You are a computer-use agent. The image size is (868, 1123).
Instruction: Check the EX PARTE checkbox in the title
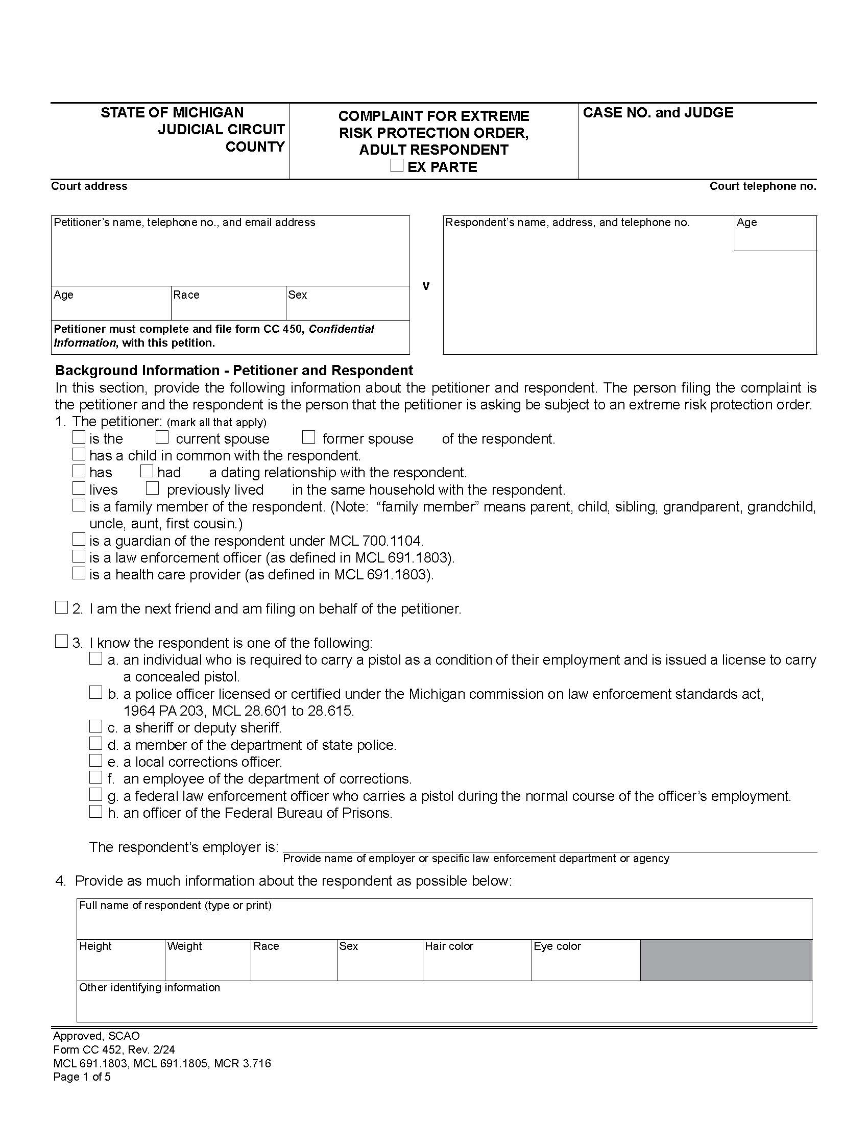pos(396,165)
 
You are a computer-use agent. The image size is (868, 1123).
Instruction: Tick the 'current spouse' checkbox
pos(162,437)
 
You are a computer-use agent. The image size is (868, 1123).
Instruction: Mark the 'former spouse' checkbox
pos(308,437)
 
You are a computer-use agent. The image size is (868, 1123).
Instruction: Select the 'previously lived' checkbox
pos(152,487)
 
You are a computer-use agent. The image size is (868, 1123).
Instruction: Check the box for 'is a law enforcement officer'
pos(79,556)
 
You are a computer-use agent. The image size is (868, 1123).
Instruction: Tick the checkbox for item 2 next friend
pos(62,607)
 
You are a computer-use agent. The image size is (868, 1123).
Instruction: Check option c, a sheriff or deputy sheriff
pos(96,726)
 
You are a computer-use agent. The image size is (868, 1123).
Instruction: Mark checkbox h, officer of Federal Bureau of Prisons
pos(96,812)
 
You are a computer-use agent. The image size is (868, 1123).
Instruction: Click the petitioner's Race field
pos(228,306)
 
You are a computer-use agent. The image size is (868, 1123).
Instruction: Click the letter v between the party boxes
pos(426,286)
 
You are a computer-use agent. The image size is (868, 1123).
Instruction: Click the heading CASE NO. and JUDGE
pos(658,113)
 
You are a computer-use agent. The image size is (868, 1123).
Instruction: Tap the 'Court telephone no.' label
pos(763,186)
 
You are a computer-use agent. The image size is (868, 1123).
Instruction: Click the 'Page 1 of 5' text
pos(82,1077)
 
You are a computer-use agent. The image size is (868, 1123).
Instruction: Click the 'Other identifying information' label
pos(150,987)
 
